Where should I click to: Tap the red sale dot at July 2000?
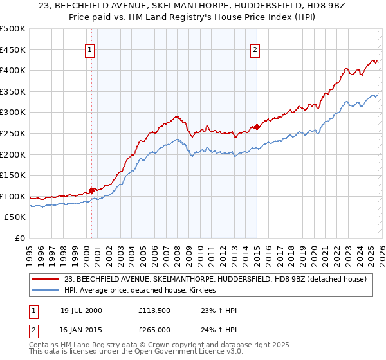click(x=92, y=190)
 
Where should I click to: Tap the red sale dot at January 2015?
click(x=257, y=127)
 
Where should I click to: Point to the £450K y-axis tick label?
click(x=13, y=50)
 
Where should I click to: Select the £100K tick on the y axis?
click(x=13, y=196)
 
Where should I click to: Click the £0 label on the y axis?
click(x=19, y=239)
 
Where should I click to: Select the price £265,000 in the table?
click(x=154, y=328)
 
